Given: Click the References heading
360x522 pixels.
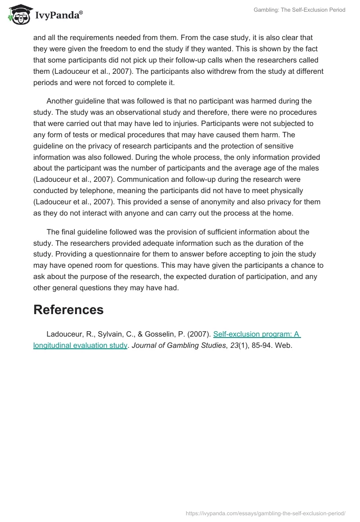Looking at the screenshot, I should (x=68, y=310).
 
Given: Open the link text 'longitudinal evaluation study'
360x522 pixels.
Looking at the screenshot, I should (x=80, y=346).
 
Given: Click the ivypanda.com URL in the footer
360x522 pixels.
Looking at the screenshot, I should (x=265, y=513).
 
